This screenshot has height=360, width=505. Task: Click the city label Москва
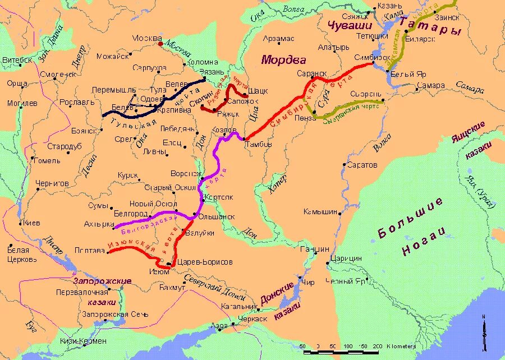tap(147, 38)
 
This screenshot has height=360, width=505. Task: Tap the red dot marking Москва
tap(161, 43)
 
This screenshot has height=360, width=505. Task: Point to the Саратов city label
tap(362, 165)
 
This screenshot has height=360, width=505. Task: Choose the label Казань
tap(389, 5)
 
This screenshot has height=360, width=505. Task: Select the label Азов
tap(218, 325)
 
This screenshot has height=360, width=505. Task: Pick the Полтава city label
tap(91, 251)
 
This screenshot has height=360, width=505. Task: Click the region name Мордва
tap(283, 59)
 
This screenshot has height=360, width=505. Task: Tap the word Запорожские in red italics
tap(102, 281)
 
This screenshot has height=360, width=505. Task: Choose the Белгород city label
tap(130, 214)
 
